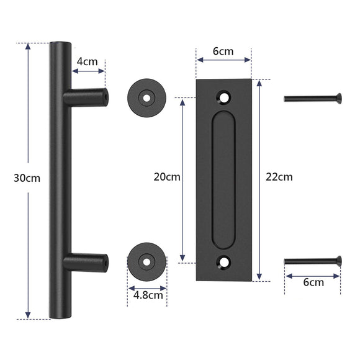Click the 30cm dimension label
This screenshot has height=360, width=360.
click(26, 178)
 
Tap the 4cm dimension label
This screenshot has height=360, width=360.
click(87, 62)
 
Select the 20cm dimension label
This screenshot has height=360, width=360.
click(167, 176)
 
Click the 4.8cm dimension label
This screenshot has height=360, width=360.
click(148, 295)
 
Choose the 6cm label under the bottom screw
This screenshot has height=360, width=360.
click(313, 282)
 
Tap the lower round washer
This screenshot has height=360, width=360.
click(146, 261)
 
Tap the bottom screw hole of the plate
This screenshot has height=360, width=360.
click(224, 262)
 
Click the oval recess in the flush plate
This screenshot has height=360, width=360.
click(224, 180)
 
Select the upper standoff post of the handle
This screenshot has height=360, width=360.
click(87, 96)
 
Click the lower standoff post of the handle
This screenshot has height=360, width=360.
click(87, 261)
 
